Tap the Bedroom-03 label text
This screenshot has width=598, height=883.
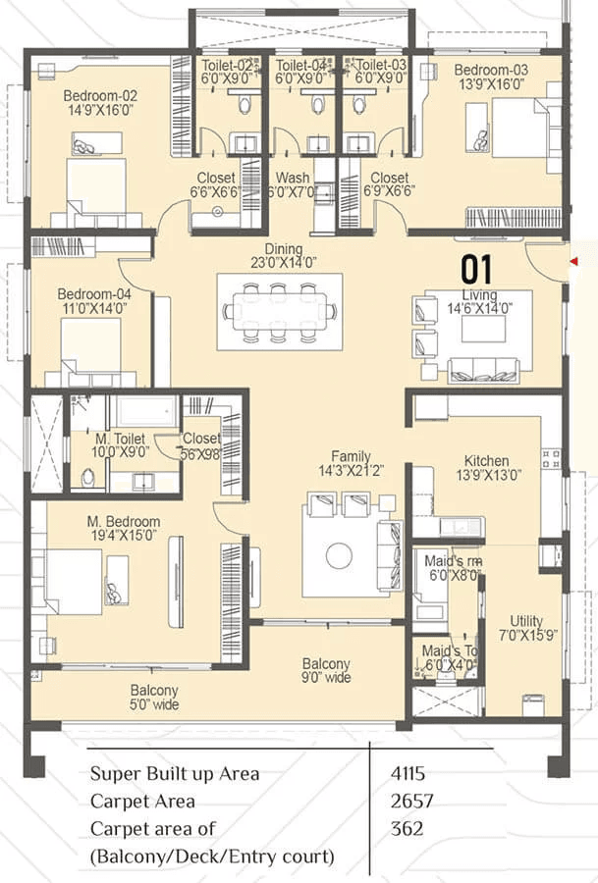click(490, 70)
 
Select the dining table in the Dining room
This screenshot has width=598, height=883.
click(280, 311)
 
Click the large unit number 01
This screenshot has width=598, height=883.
click(477, 269)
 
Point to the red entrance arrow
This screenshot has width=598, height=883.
click(572, 261)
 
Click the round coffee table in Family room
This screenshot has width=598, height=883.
click(339, 556)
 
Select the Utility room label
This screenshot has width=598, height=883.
click(526, 621)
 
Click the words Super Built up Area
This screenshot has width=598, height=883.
click(175, 773)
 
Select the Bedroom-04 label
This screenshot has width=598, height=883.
click(91, 293)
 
